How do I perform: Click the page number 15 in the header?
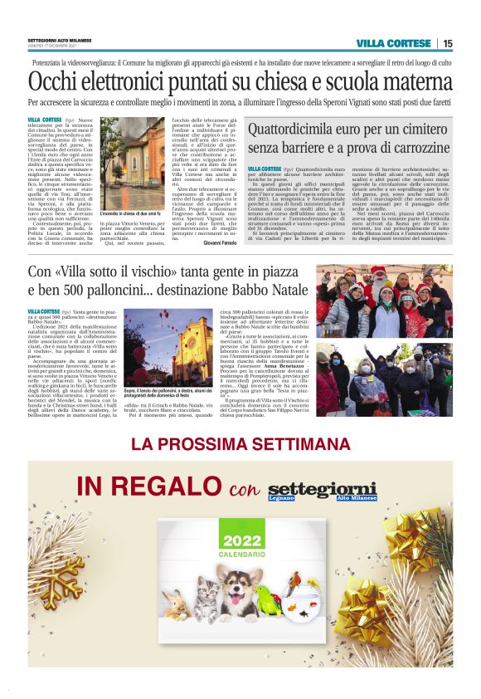click(x=447, y=43)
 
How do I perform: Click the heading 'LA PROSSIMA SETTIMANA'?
click(x=240, y=444)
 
